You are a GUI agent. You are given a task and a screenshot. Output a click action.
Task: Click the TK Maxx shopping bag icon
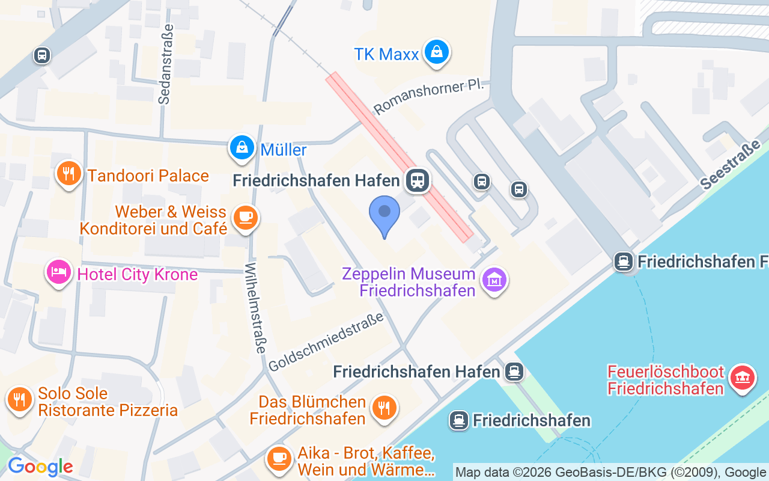tap(437, 52)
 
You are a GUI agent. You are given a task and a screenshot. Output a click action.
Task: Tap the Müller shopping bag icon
tap(242, 147)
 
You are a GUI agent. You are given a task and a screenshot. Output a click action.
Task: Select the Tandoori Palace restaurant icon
tap(69, 174)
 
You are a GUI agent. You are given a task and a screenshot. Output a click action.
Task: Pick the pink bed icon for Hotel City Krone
tap(58, 273)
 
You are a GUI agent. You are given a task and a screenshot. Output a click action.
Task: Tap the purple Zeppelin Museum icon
tap(494, 280)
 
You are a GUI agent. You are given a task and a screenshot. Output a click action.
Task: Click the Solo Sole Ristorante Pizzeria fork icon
tap(19, 399)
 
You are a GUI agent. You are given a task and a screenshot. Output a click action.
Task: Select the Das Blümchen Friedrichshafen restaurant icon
tap(383, 408)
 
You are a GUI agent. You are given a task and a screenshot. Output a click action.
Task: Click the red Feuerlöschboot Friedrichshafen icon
tap(743, 378)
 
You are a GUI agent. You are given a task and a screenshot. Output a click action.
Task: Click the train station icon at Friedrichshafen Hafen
tap(417, 180)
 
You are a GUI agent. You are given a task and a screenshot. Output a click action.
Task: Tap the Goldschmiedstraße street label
tap(326, 341)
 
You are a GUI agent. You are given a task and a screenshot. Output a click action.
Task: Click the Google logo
tap(40, 467)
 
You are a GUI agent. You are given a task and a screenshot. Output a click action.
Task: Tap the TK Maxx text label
tap(386, 54)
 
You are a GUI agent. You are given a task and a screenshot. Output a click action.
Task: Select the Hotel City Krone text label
tap(138, 275)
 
